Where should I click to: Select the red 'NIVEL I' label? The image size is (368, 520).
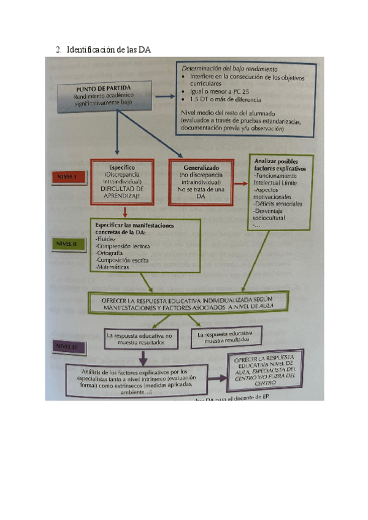pyautogui.click(x=68, y=177)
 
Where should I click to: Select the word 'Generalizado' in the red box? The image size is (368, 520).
pyautogui.click(x=200, y=167)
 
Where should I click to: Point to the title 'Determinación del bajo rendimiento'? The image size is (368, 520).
pyautogui.click(x=229, y=69)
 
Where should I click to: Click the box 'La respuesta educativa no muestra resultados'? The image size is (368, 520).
pyautogui.click(x=142, y=339)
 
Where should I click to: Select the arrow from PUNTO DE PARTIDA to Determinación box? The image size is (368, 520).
pyautogui.click(x=162, y=96)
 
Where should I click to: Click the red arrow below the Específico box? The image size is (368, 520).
pyautogui.click(x=125, y=212)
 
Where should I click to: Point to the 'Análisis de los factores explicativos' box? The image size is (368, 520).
pyautogui.click(x=137, y=380)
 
